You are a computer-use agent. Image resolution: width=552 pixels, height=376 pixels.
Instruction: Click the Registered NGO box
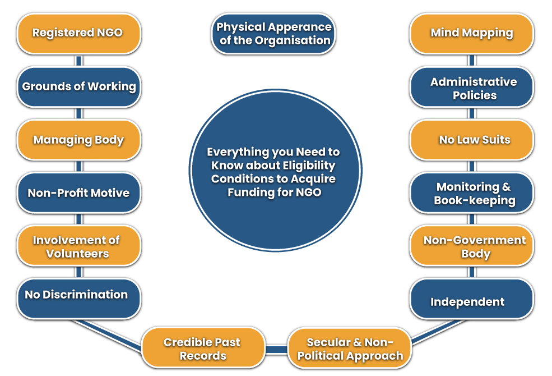(x=78, y=33)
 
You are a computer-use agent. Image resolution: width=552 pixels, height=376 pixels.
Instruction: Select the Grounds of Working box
(x=78, y=86)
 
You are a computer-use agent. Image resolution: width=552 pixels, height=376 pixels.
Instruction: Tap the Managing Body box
(x=78, y=140)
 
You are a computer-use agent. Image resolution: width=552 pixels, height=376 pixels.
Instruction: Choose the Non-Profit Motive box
(x=78, y=193)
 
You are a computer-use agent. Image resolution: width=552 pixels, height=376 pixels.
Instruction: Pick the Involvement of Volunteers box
(x=78, y=246)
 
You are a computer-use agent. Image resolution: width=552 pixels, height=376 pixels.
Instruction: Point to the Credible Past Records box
(x=203, y=349)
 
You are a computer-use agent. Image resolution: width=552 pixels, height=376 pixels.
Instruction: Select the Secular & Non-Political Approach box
(x=350, y=349)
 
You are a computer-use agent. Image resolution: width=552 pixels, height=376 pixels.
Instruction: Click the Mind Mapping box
(x=471, y=33)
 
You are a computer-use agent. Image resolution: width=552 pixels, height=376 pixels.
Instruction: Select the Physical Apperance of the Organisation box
(x=273, y=34)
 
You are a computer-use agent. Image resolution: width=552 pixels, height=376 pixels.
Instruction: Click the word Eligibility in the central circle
(x=310, y=166)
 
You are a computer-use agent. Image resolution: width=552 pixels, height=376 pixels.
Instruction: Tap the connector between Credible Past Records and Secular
(x=276, y=350)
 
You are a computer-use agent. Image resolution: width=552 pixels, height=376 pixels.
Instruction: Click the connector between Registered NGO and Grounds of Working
(x=78, y=60)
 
